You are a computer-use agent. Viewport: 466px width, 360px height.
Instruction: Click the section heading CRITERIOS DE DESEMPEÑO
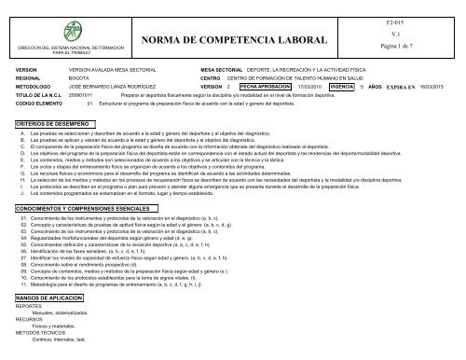click(x=52, y=125)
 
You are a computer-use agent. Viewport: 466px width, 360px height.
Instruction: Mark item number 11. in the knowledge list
click(x=22, y=310)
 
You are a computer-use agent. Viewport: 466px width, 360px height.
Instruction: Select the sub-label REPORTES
click(x=29, y=332)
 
